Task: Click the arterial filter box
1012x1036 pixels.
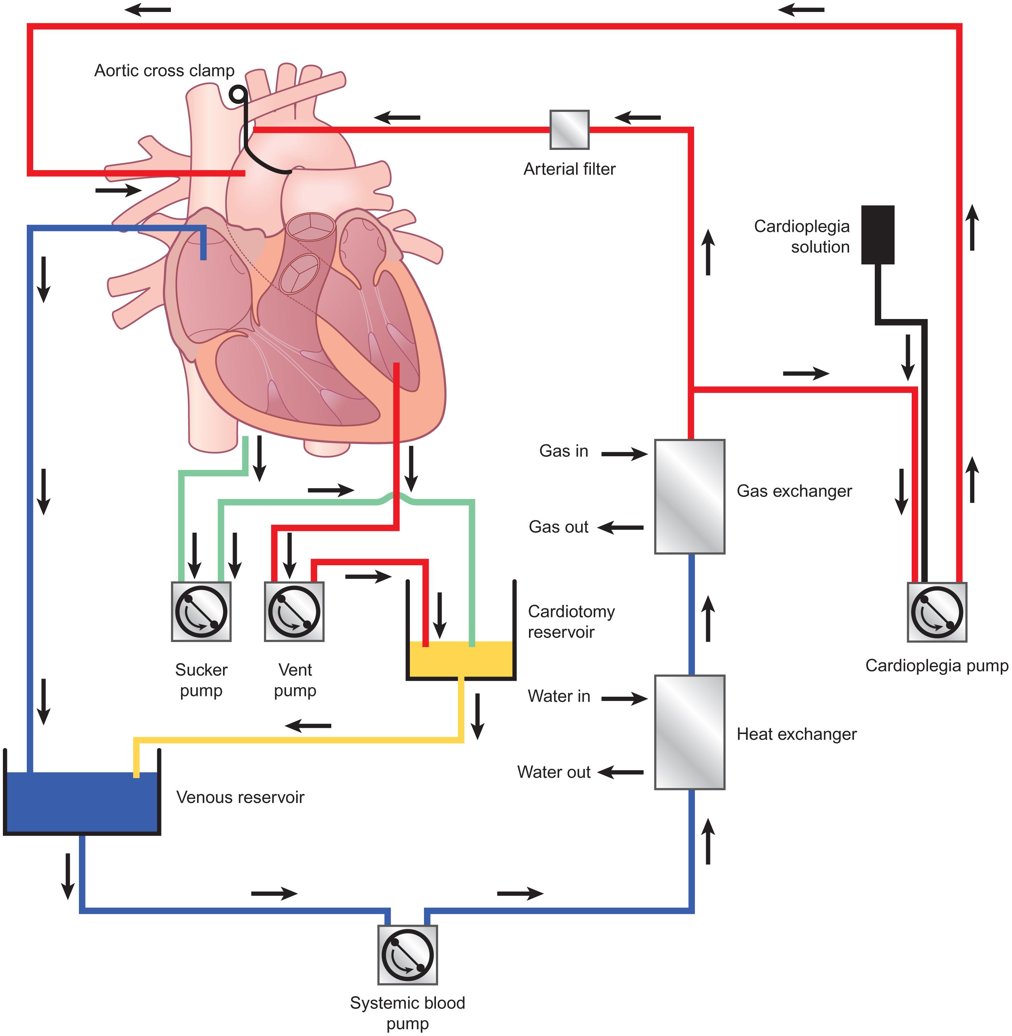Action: pyautogui.click(x=569, y=130)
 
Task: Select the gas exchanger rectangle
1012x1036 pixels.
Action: pyautogui.click(x=689, y=496)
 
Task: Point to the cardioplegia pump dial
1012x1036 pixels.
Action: pyautogui.click(x=937, y=612)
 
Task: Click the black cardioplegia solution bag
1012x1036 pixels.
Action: pyautogui.click(x=878, y=234)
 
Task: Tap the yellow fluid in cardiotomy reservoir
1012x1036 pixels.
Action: pyautogui.click(x=460, y=659)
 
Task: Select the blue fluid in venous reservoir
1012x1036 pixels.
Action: pyautogui.click(x=81, y=802)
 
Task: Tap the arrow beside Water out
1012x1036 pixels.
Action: pyautogui.click(x=621, y=772)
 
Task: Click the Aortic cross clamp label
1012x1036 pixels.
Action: pyautogui.click(x=164, y=71)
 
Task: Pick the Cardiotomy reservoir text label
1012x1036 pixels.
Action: pyautogui.click(x=571, y=622)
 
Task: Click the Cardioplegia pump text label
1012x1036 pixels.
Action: pyautogui.click(x=937, y=666)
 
